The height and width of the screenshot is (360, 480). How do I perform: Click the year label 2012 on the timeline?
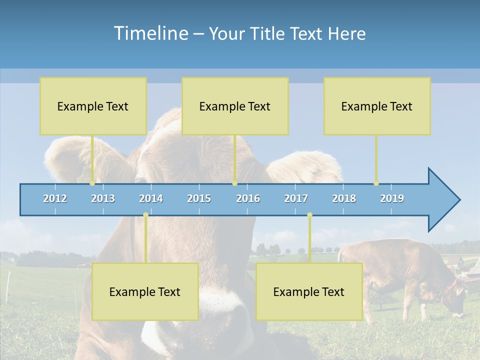pos(55,198)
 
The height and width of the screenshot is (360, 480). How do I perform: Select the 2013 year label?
pos(103,198)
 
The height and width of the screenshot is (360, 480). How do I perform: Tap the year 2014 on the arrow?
pos(151,198)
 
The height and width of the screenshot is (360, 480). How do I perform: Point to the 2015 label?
pos(199,198)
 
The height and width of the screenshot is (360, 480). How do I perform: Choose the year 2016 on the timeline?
pos(248,198)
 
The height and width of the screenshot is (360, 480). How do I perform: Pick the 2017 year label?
pos(296,198)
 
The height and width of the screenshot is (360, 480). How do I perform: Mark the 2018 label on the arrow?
pos(344,198)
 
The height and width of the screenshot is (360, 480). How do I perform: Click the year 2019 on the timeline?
pos(392,198)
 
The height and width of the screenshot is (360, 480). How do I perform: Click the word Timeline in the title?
pos(150,33)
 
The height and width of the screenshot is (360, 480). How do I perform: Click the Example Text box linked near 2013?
pos(93,106)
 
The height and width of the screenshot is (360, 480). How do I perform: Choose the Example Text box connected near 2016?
pos(235,106)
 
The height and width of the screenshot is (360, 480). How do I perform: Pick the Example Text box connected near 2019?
pos(377,106)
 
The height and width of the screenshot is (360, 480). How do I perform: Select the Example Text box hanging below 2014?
pos(145,292)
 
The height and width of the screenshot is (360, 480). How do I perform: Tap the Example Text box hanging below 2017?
pos(309,292)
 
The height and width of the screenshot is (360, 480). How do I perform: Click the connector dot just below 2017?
pos(309,215)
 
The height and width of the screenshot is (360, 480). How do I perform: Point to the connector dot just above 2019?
pos(376,183)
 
